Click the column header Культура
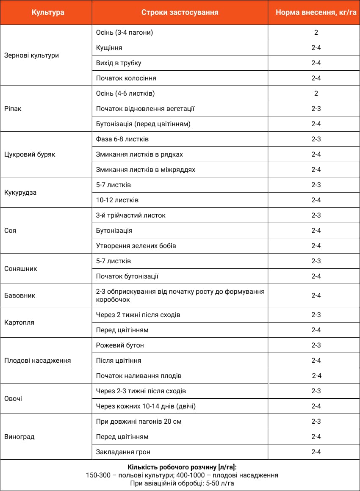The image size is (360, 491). click(x=48, y=12)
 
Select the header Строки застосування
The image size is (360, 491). click(x=180, y=12)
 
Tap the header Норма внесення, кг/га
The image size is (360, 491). click(x=316, y=12)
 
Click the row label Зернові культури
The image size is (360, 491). click(x=31, y=55)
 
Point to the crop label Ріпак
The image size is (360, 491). click(x=13, y=109)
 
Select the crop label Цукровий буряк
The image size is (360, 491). click(x=30, y=154)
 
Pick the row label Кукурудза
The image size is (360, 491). click(x=20, y=193)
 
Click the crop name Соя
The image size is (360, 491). click(x=10, y=231)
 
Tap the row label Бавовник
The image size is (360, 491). click(x=19, y=295)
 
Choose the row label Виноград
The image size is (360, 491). click(x=19, y=437)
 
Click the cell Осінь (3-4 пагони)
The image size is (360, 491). click(x=125, y=33)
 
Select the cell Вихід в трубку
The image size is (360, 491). click(x=119, y=63)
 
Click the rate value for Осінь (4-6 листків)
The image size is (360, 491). click(x=316, y=94)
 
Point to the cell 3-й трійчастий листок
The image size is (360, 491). click(x=131, y=215)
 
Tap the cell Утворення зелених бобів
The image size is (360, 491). click(x=136, y=246)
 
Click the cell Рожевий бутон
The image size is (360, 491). click(x=120, y=345)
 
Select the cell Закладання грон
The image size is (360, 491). click(x=123, y=452)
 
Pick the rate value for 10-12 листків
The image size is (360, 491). click(x=316, y=200)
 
